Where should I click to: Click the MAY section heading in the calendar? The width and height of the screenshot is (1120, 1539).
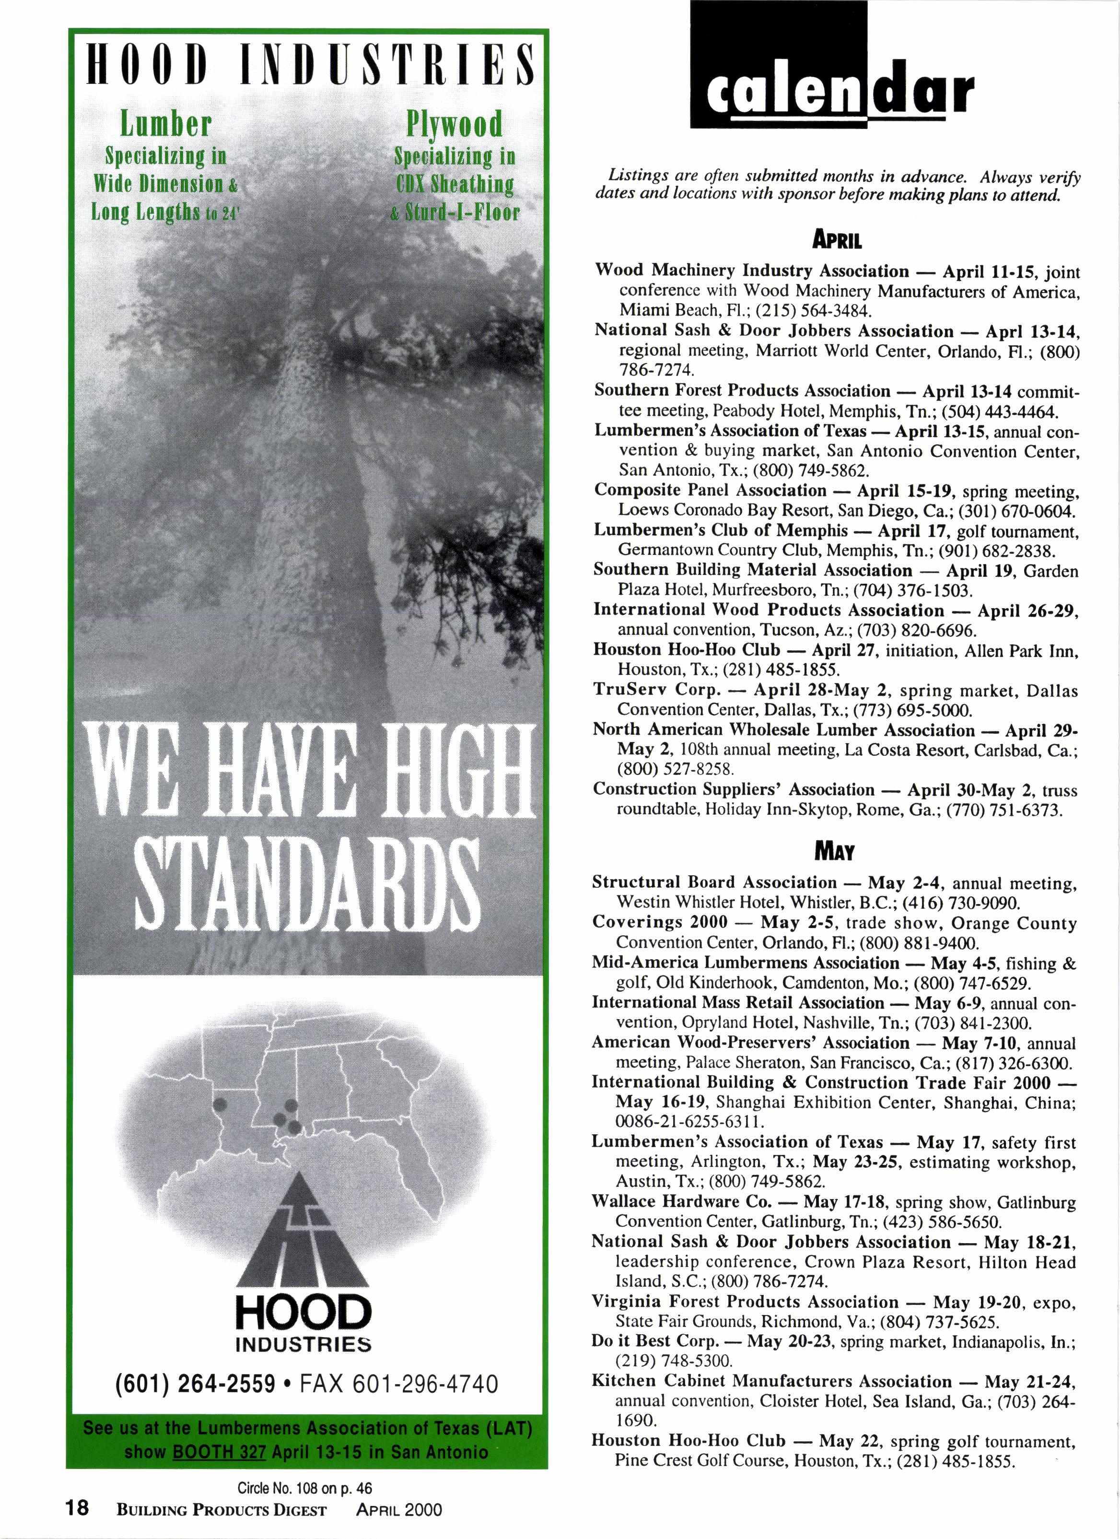[x=836, y=852]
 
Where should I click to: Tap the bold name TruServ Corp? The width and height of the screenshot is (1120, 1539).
[x=656, y=690]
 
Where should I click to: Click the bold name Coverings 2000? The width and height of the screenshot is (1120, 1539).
[x=659, y=922]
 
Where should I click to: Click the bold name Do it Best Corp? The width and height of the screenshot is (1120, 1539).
[x=654, y=1341]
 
